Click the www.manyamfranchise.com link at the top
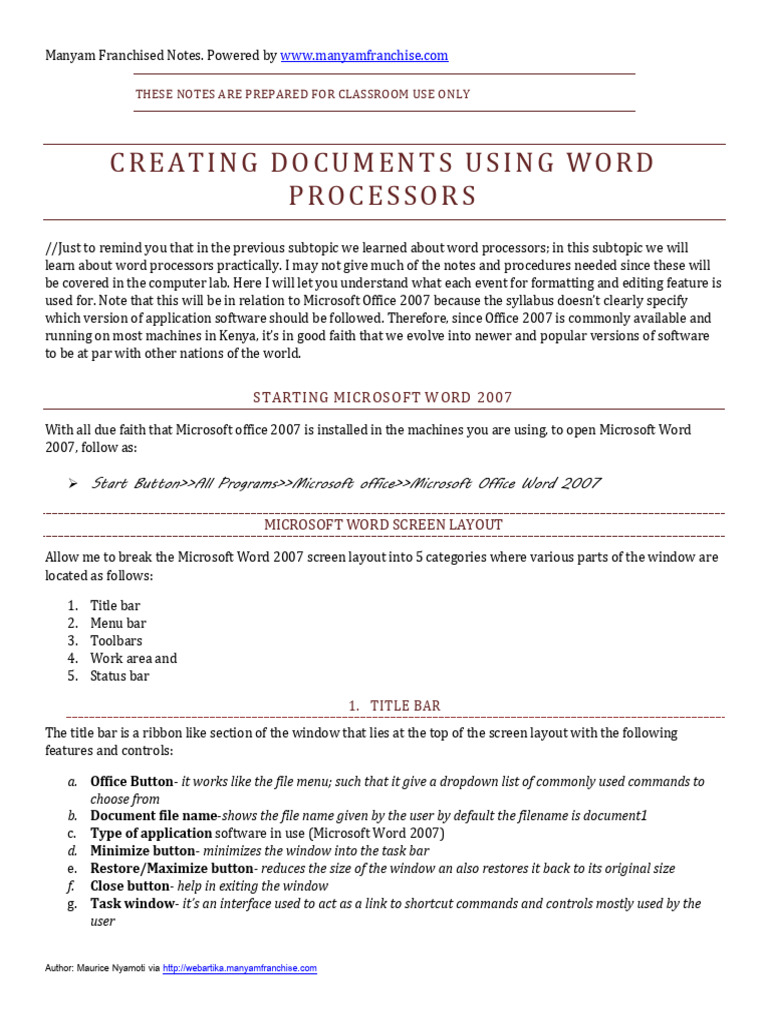[364, 56]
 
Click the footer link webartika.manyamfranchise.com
[239, 968]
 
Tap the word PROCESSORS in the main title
[383, 196]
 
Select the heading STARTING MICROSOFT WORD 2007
[383, 397]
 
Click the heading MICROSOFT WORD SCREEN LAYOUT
[383, 524]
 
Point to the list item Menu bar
[118, 623]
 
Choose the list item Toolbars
[116, 641]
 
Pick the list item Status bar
[119, 676]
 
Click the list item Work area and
[133, 658]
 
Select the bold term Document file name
[154, 815]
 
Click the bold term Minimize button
[143, 851]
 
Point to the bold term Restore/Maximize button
[171, 868]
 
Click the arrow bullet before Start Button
[73, 484]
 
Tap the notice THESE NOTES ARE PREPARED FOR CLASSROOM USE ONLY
[302, 94]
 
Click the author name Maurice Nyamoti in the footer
[116, 968]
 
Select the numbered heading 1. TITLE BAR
[395, 706]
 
